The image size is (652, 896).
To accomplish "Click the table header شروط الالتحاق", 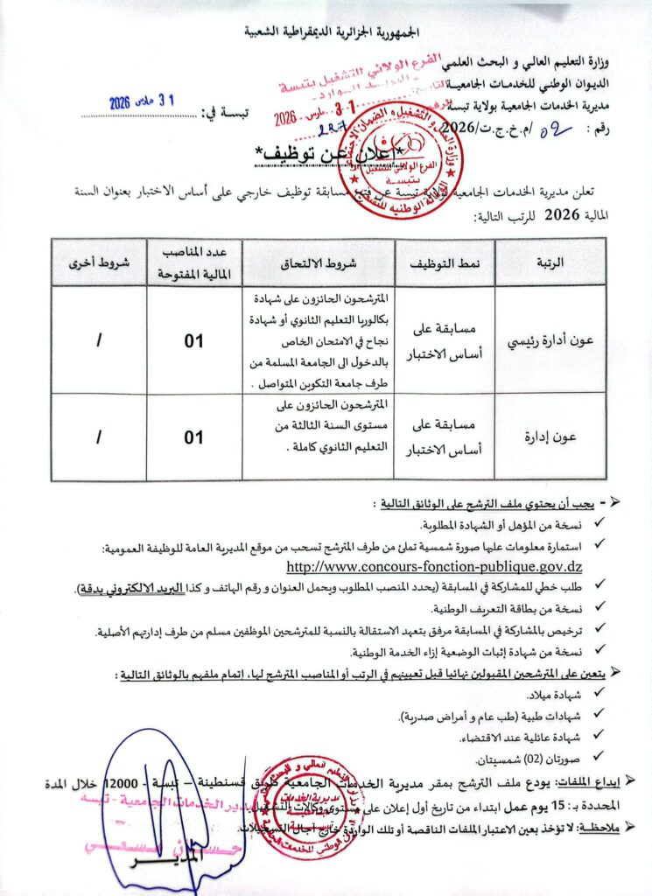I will point(317,262).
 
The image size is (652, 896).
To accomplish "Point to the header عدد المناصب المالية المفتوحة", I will point(193,262).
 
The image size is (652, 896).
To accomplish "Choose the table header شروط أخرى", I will point(98,262).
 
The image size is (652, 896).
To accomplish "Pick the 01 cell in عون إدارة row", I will point(193,437).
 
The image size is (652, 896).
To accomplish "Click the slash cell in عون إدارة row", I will point(98,437).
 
